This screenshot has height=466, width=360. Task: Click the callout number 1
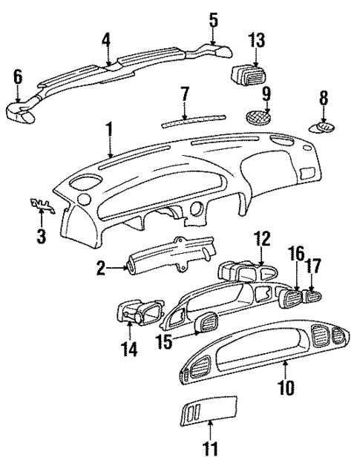click(109, 131)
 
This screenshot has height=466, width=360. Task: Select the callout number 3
click(42, 237)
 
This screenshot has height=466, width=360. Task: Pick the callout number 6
click(19, 76)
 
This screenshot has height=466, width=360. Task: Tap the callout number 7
click(186, 93)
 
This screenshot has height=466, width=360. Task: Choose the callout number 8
click(323, 97)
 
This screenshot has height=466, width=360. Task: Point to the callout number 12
click(261, 240)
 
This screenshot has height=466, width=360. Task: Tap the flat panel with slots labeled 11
click(209, 407)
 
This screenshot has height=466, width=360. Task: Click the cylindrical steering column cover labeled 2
click(156, 260)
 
